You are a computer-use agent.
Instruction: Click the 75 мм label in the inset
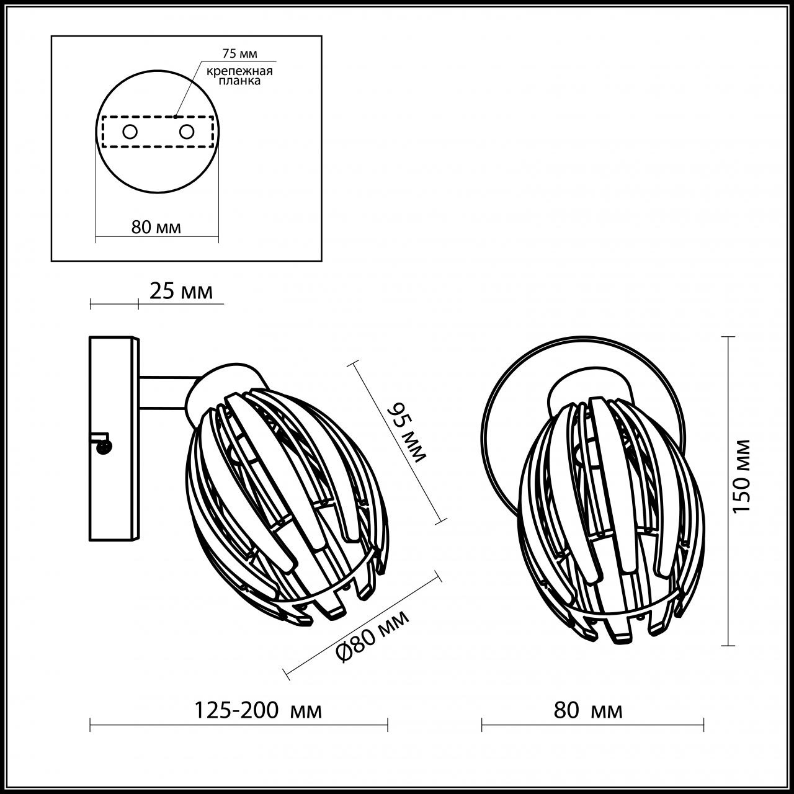(x=239, y=54)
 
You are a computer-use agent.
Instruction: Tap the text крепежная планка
(x=240, y=76)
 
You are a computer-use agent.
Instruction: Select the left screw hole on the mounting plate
(x=130, y=132)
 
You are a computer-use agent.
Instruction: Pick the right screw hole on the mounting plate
(x=186, y=132)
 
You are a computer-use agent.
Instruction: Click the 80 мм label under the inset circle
(x=156, y=227)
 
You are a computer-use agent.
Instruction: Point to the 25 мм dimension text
(x=181, y=291)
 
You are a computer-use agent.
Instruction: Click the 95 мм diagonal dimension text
(x=407, y=432)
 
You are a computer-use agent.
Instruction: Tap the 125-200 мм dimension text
(x=259, y=710)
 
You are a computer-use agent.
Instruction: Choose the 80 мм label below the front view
(x=588, y=710)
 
